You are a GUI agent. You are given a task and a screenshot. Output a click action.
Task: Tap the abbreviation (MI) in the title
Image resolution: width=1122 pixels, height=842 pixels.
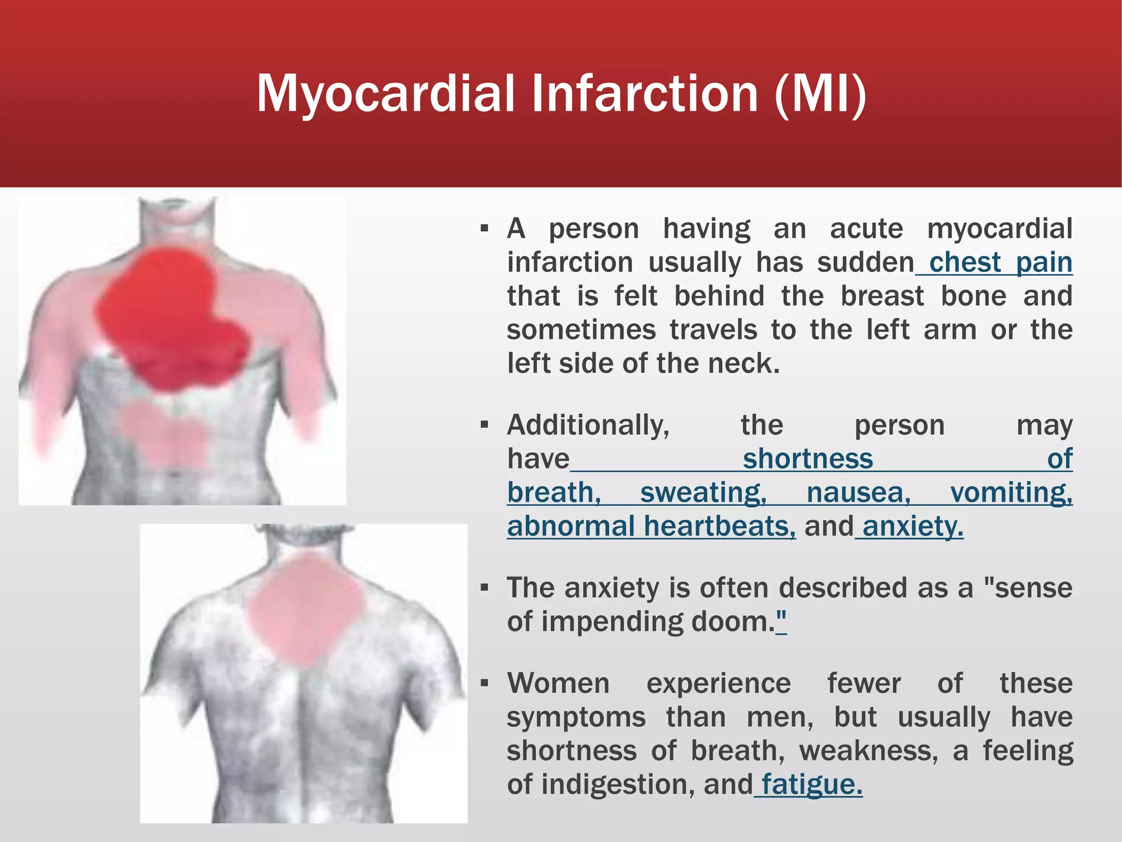point(820,94)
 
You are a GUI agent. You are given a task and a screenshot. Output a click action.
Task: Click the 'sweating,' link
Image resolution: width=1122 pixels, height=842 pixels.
point(703,492)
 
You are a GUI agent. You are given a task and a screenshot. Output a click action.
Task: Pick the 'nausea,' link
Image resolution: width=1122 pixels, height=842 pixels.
point(858,492)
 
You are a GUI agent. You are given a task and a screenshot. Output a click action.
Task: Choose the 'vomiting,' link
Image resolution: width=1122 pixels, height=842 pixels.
point(1011,492)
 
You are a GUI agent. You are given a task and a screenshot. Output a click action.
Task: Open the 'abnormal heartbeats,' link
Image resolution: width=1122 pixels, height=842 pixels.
point(651,526)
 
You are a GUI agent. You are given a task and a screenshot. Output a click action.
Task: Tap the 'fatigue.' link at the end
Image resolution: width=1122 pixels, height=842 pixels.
point(811,784)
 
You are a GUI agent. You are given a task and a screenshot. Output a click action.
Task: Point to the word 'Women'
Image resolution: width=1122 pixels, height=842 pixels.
point(558,684)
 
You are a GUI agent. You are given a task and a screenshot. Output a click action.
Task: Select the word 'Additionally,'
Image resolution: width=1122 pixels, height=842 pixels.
point(588,425)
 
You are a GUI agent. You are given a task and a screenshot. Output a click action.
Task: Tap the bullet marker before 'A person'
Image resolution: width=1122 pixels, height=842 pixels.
point(484,229)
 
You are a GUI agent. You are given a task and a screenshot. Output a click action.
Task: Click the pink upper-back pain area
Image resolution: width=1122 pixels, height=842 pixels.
point(304,608)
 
